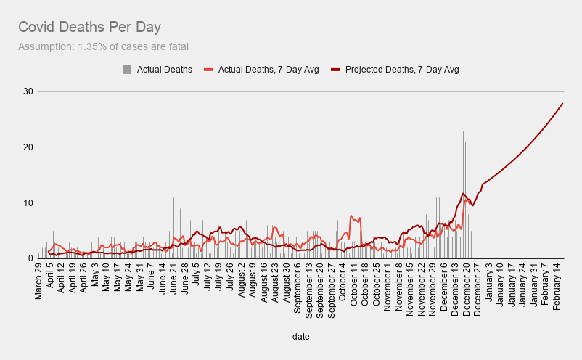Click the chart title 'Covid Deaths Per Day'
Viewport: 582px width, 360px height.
click(x=89, y=28)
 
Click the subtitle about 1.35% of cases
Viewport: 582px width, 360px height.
click(x=103, y=47)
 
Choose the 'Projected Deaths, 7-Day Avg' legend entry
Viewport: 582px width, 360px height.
click(x=402, y=70)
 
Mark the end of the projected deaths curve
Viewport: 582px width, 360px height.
click(x=562, y=103)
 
